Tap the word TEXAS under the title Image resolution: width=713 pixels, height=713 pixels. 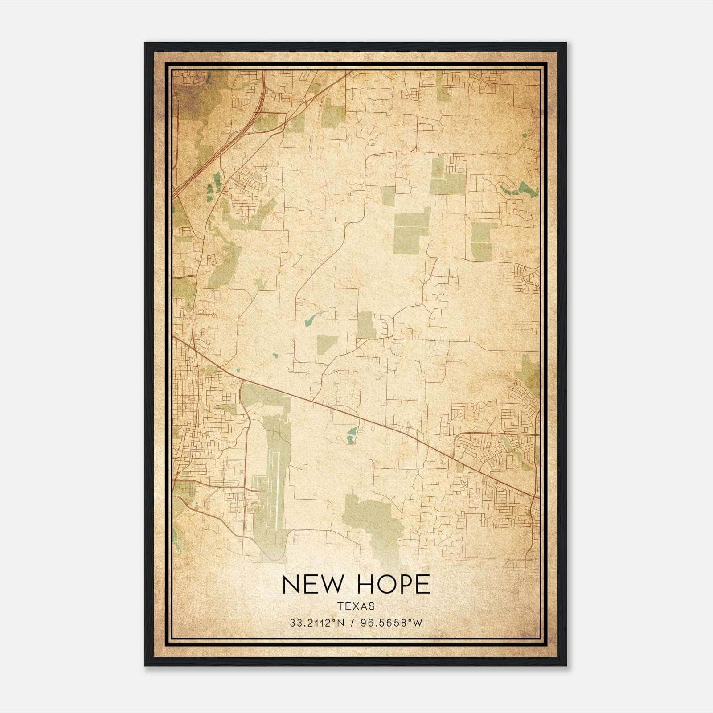pos(356,606)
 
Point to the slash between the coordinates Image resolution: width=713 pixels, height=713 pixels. pos(353,623)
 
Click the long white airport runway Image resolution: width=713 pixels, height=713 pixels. pos(273,490)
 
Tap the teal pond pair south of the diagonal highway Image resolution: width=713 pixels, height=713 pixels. pos(352,434)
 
